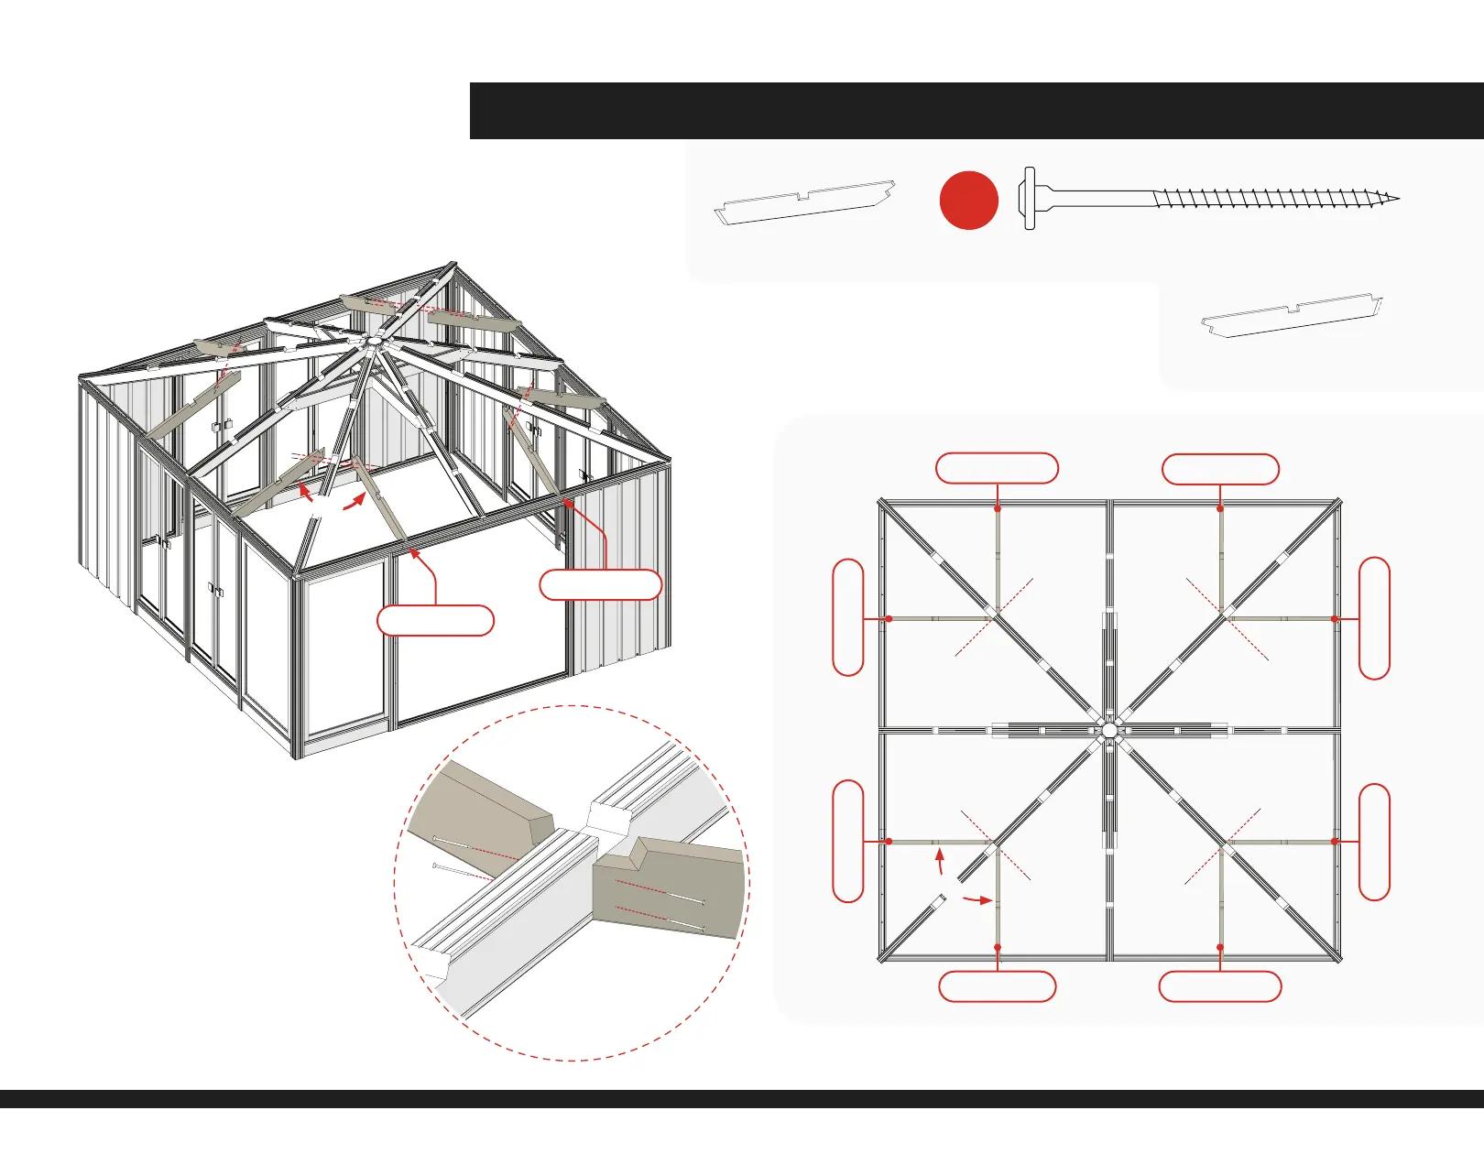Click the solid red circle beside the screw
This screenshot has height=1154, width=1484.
(x=968, y=200)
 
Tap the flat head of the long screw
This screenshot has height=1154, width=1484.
(x=1029, y=198)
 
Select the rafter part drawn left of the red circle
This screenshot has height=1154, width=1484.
(x=804, y=202)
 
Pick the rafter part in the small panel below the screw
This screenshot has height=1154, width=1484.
(x=1292, y=314)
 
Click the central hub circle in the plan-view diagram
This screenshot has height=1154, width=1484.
(x=1109, y=730)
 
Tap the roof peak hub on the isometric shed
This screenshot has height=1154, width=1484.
(x=372, y=342)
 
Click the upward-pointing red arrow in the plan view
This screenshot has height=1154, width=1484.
(x=939, y=860)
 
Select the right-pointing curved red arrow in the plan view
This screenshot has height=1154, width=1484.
(x=977, y=900)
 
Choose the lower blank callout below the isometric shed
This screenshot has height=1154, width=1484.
(x=435, y=620)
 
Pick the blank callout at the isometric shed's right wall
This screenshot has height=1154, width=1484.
(x=600, y=584)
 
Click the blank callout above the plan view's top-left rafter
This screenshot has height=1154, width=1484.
(x=997, y=468)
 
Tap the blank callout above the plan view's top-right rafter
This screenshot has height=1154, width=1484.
(x=1220, y=469)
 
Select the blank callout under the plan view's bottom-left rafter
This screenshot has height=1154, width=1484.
(x=998, y=986)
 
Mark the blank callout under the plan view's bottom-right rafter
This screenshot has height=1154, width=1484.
(x=1220, y=986)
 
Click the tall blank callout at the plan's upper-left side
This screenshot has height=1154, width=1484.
(x=848, y=617)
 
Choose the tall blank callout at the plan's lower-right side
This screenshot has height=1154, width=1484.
(x=1374, y=843)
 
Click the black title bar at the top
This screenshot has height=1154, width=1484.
(x=977, y=111)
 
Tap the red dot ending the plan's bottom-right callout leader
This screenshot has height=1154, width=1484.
(x=1220, y=947)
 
